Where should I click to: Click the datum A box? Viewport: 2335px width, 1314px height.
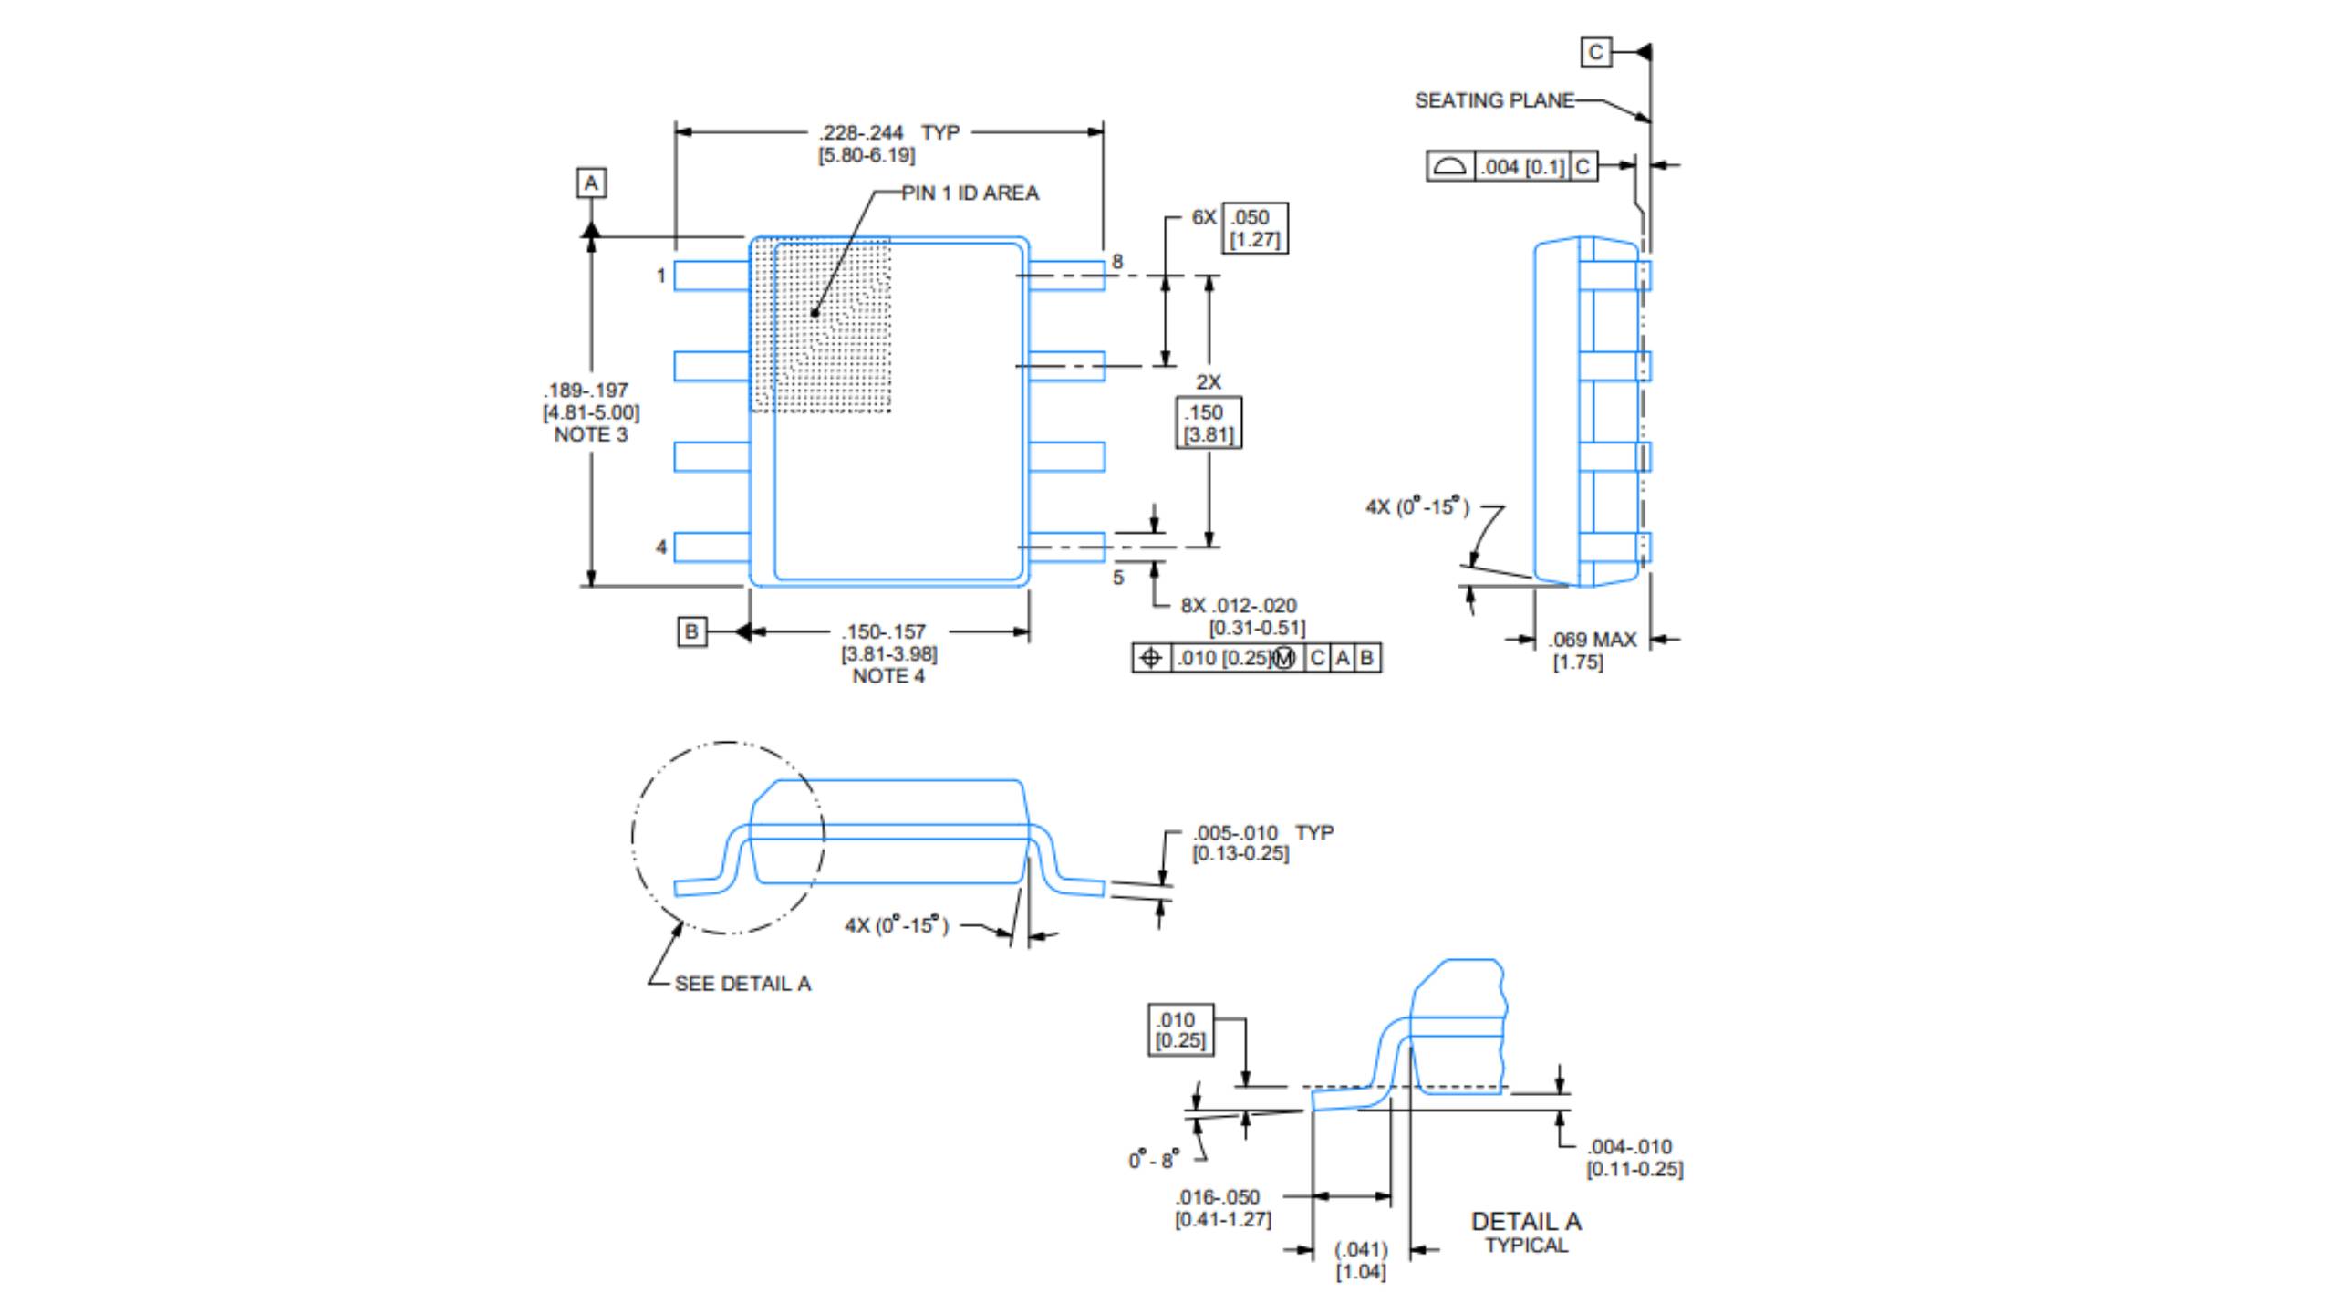pyautogui.click(x=591, y=183)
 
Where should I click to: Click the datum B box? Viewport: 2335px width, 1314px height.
pyautogui.click(x=691, y=631)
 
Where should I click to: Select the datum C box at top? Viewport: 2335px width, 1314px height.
pyautogui.click(x=1595, y=52)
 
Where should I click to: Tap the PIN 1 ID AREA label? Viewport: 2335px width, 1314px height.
pyautogui.click(x=970, y=193)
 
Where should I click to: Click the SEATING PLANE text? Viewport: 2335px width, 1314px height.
pyautogui.click(x=1493, y=100)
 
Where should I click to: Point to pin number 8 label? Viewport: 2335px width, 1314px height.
pyautogui.click(x=1117, y=262)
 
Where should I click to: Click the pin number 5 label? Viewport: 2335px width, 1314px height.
pyautogui.click(x=1118, y=578)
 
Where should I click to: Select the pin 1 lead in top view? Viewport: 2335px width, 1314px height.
pyautogui.click(x=711, y=276)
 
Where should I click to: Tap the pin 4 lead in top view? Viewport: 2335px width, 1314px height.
pyautogui.click(x=711, y=547)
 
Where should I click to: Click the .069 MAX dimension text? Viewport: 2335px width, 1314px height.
pyautogui.click(x=1593, y=640)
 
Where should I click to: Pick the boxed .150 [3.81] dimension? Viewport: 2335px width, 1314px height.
pyautogui.click(x=1209, y=423)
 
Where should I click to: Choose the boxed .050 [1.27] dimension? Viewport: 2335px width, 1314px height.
pyautogui.click(x=1254, y=228)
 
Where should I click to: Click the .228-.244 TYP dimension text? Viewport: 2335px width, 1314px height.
pyautogui.click(x=887, y=133)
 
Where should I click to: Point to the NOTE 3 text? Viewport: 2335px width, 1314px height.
pyautogui.click(x=591, y=435)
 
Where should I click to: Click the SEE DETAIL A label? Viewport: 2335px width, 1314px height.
pyautogui.click(x=742, y=984)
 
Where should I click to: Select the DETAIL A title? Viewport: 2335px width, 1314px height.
pyautogui.click(x=1526, y=1222)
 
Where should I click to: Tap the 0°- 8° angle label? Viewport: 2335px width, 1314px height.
pyautogui.click(x=1154, y=1160)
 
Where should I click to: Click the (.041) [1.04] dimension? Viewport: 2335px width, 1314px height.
pyautogui.click(x=1361, y=1260)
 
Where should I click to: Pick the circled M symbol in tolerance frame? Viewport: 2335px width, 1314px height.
pyautogui.click(x=1283, y=658)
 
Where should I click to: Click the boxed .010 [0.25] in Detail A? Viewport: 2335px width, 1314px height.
pyautogui.click(x=1180, y=1030)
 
